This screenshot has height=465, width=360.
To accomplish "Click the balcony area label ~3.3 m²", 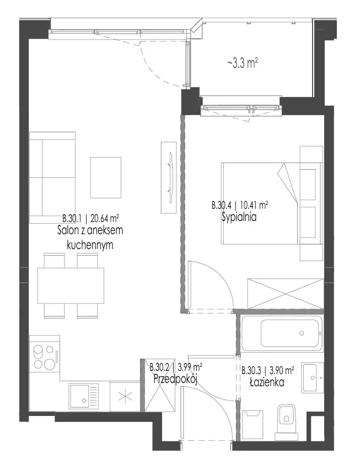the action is point(243,63).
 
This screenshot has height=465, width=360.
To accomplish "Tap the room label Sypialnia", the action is point(239,218).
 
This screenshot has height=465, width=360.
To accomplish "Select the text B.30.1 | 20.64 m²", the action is point(90,219).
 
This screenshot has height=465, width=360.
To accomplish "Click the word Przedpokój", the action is point(175,379).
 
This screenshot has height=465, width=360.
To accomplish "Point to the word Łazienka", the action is point(267,382).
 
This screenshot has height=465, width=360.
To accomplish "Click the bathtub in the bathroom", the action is point(282,334).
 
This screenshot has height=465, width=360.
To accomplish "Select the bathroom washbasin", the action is point(313,377).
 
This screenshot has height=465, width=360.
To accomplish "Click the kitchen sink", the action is point(84,397).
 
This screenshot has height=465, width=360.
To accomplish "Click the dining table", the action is point(71,285).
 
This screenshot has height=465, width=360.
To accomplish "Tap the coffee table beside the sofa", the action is point(106,177).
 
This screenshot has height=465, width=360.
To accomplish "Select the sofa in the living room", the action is point(52,177).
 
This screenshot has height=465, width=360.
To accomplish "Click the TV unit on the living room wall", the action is point(169,177).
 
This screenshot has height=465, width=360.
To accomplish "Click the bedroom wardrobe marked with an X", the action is point(286,294).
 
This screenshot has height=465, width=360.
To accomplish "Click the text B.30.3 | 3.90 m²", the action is point(268,370).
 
